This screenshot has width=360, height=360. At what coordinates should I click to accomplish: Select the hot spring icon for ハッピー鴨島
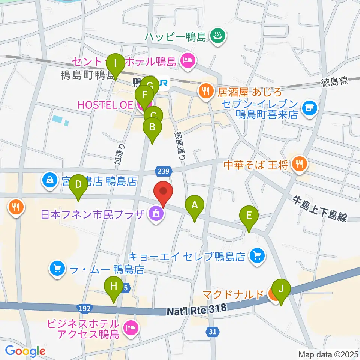[216, 37]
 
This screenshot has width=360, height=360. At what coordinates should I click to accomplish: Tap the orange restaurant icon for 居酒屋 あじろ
[205, 90]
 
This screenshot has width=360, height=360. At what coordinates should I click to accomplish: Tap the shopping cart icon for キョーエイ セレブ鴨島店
[257, 256]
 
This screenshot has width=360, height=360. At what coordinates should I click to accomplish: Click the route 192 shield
[84, 308]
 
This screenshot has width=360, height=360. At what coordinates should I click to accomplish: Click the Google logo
[25, 351]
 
